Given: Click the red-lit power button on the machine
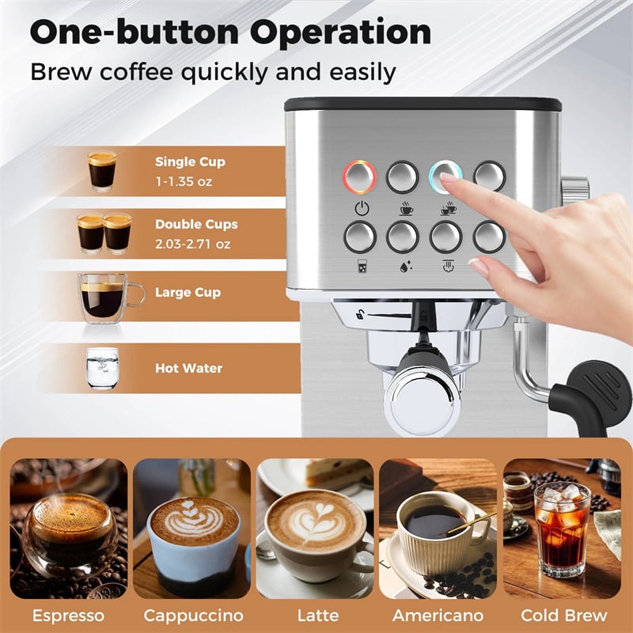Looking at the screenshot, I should tap(359, 176).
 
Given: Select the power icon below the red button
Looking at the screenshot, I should tap(361, 210).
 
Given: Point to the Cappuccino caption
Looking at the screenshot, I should tap(193, 615).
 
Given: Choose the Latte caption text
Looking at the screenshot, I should tap(317, 615).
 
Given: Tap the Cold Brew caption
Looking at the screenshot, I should tap(564, 615).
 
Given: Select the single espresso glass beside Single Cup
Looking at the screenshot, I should tap(101, 170).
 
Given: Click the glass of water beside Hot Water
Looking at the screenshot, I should tap(102, 368).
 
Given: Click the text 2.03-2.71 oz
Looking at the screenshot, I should tap(192, 244).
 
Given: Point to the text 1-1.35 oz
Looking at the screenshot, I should tap(184, 181).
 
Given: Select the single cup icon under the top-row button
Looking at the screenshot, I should tap(404, 210).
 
